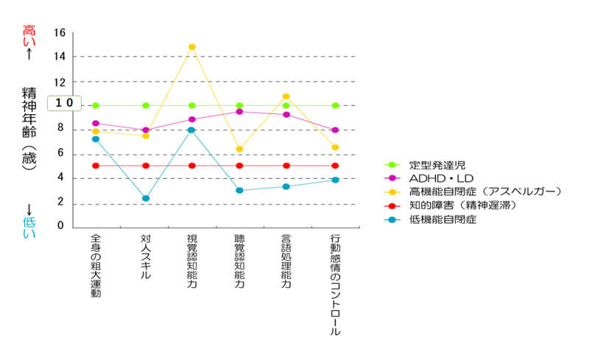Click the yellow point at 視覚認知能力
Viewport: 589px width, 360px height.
(192, 47)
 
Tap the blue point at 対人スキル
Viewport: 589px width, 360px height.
(146, 198)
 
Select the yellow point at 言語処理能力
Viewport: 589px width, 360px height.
(286, 96)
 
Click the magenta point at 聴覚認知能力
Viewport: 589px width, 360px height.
(239, 112)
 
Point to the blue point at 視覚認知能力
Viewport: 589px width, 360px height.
(192, 130)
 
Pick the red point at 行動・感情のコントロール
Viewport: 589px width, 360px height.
(335, 166)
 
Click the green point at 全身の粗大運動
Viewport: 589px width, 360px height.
(96, 105)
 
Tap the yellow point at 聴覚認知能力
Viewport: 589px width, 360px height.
(239, 149)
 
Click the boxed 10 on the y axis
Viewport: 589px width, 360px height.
(63, 104)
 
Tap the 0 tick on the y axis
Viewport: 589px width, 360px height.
(61, 226)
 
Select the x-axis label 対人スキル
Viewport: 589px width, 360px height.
(146, 257)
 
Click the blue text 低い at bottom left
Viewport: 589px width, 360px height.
(29, 227)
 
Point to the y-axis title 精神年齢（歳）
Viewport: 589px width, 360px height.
(29, 130)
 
